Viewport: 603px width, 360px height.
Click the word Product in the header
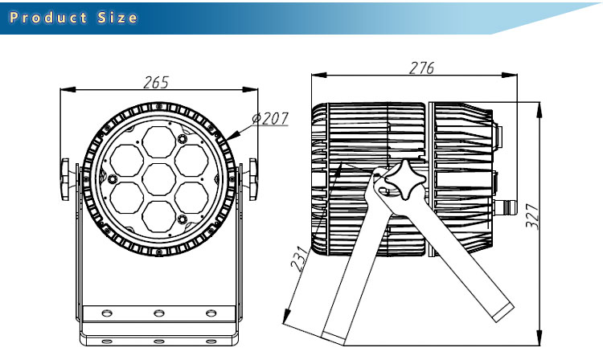click(48, 18)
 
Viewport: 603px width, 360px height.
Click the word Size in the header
click(117, 18)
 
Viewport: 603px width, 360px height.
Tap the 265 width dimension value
click(156, 82)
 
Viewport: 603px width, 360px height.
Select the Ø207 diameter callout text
click(270, 118)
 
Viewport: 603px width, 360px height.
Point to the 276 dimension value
click(422, 68)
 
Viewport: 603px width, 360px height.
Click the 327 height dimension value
click(532, 217)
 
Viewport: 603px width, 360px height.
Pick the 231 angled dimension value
click(301, 260)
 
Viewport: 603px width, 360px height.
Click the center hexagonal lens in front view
click(159, 179)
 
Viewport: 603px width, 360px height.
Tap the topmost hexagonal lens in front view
click(159, 142)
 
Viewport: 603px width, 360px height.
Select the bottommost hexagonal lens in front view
click(159, 216)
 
